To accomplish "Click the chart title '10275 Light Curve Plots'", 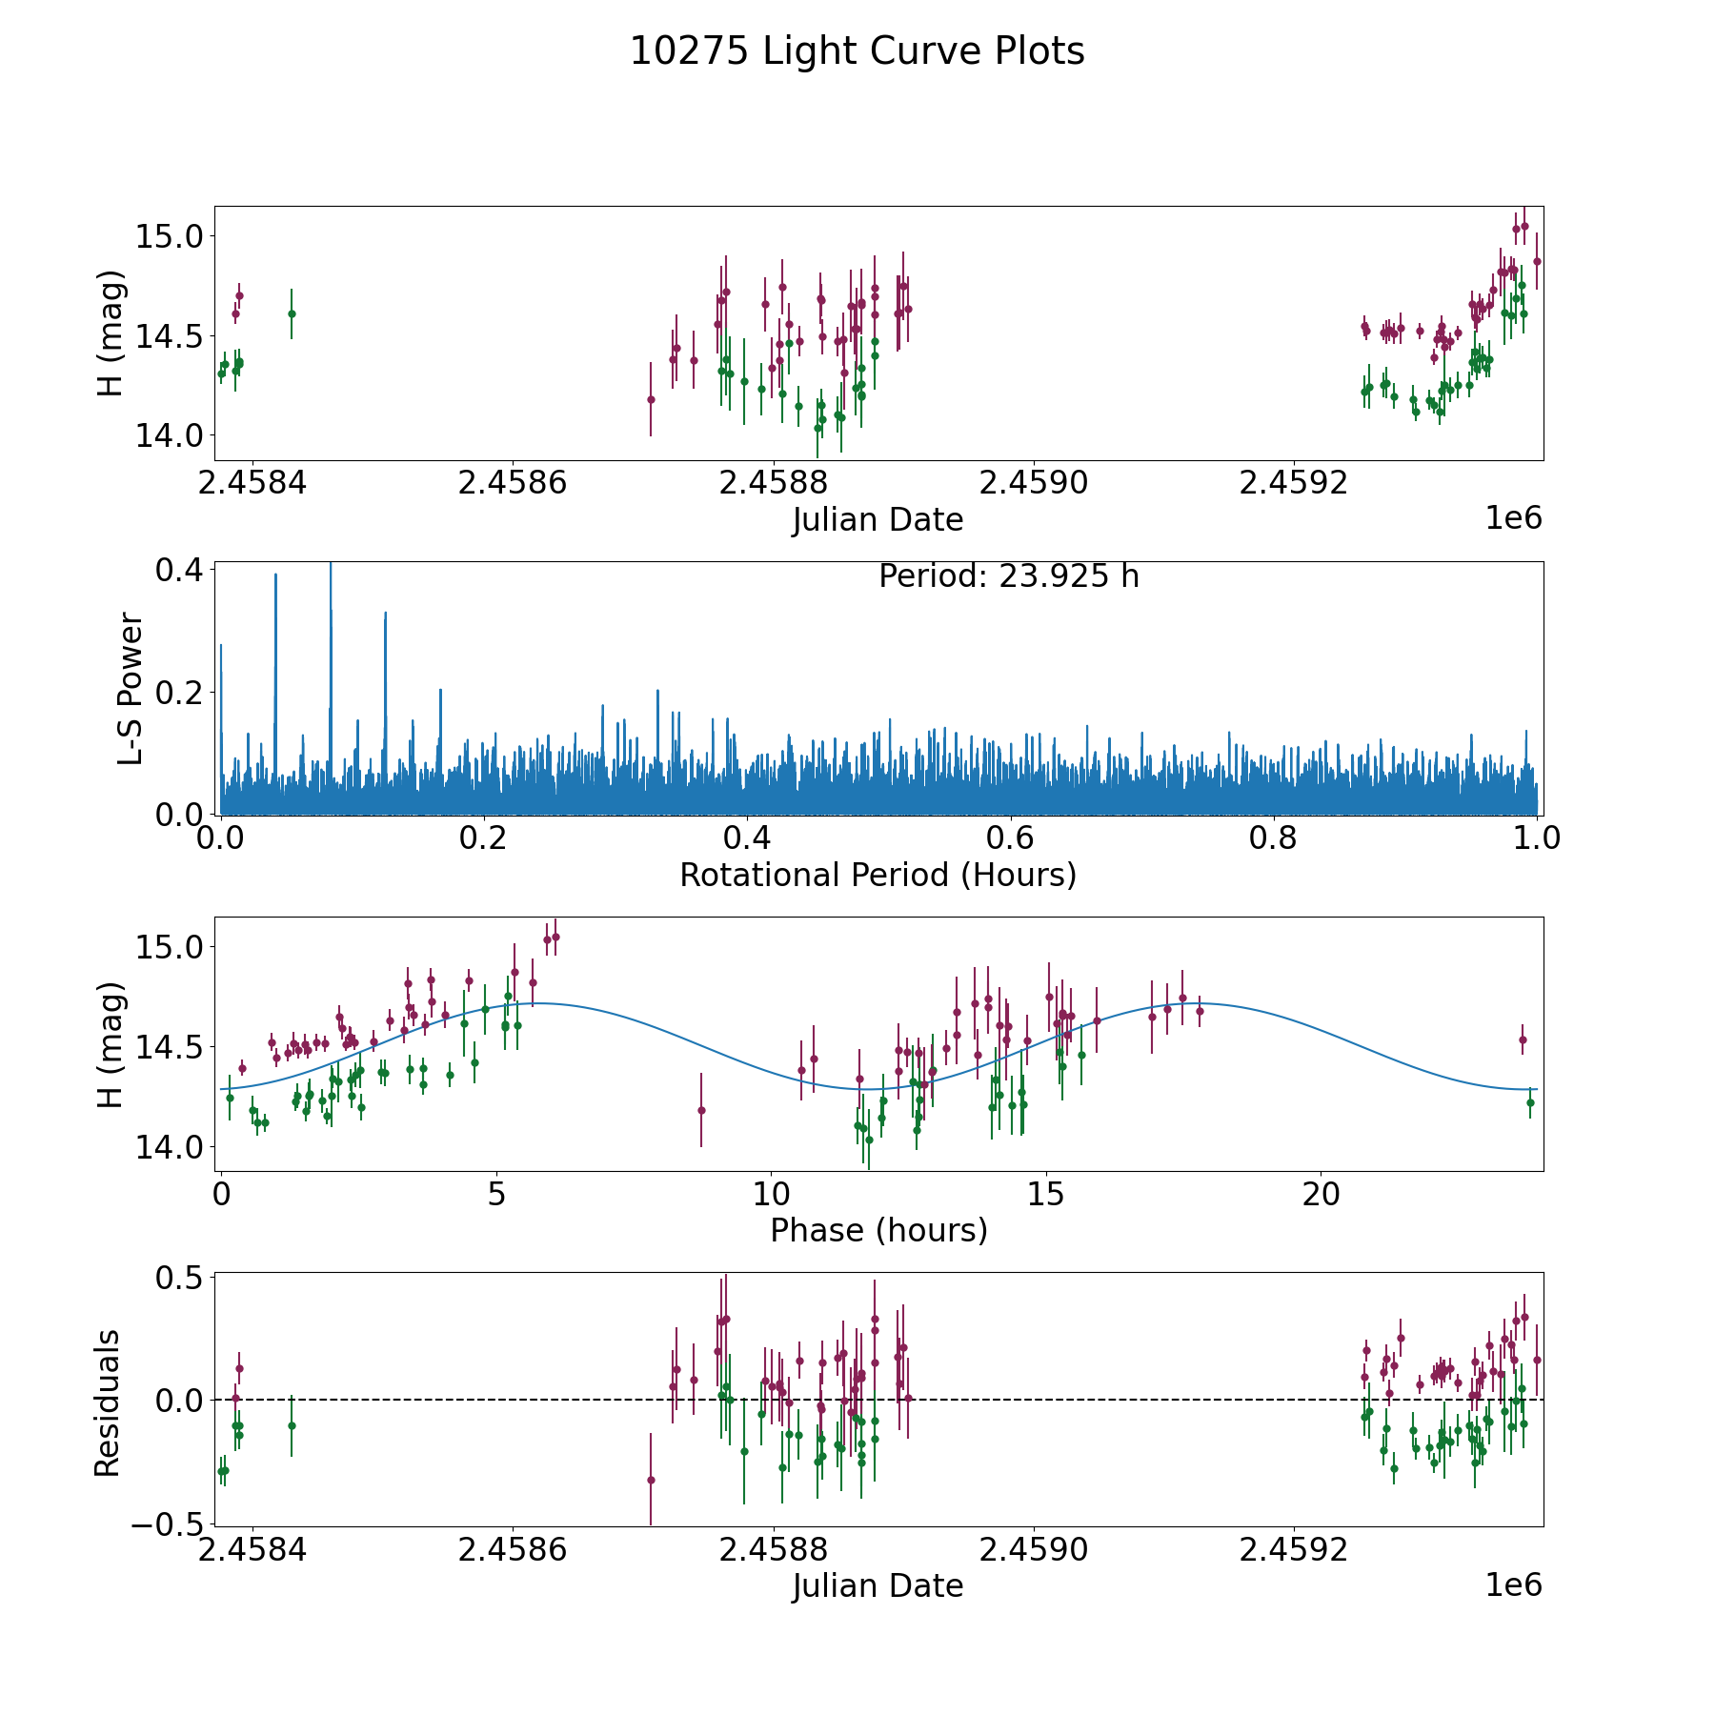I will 857,51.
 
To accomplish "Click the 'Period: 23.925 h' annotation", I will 1008,576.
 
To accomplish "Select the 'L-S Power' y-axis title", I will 131,689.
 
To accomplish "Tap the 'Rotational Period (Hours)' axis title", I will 878,875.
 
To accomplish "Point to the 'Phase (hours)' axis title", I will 878,1230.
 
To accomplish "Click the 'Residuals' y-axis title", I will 107,1402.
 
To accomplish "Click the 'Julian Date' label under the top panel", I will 878,520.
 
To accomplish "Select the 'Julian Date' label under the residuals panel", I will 878,1585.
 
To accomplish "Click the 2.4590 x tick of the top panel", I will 1034,483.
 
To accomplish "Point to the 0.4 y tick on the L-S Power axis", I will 178,570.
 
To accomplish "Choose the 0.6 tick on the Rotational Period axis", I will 1010,838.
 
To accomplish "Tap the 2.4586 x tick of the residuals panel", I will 513,1550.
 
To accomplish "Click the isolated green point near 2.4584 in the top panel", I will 292,313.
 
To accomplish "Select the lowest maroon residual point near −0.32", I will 651,1480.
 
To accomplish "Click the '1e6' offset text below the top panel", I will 1513,518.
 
